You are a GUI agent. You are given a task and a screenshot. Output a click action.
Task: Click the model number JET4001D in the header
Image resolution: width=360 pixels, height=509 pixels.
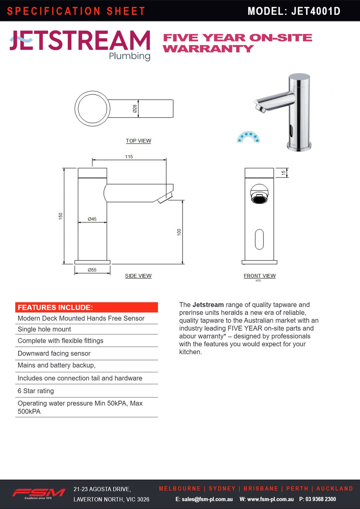pyautogui.click(x=316, y=11)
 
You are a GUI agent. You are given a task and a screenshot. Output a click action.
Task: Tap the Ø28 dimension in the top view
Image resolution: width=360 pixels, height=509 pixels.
pyautogui.click(x=135, y=109)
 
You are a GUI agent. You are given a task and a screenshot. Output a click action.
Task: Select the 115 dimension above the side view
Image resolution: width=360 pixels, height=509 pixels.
pyautogui.click(x=129, y=157)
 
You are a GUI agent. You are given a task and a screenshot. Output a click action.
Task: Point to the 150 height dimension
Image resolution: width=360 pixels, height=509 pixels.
pyautogui.click(x=60, y=216)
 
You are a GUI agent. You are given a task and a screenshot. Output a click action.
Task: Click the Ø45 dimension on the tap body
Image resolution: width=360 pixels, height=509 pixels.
pyautogui.click(x=92, y=219)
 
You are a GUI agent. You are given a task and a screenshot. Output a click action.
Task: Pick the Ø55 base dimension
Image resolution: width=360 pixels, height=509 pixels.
pyautogui.click(x=92, y=270)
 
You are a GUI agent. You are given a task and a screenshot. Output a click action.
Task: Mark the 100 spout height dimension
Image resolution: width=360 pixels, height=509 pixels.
pyautogui.click(x=179, y=232)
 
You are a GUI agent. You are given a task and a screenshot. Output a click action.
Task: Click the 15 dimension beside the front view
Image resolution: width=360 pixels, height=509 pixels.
pyautogui.click(x=283, y=173)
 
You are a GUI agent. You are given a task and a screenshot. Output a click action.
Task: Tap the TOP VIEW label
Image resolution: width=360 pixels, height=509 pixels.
pyautogui.click(x=138, y=141)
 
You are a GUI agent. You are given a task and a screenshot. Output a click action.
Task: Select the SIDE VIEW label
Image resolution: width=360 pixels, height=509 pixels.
pyautogui.click(x=138, y=276)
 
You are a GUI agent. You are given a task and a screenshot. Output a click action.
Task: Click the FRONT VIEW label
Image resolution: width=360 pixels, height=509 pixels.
pyautogui.click(x=260, y=276)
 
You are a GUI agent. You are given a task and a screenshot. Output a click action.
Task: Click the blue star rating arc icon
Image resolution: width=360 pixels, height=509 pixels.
pyautogui.click(x=248, y=137)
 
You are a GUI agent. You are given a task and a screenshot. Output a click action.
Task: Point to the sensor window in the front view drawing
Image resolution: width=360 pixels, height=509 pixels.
pyautogui.click(x=259, y=239)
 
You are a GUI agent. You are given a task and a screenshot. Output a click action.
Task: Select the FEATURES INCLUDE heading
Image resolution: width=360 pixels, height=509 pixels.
pyautogui.click(x=55, y=307)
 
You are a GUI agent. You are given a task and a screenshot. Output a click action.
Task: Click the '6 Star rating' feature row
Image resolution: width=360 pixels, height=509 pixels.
pyautogui.click(x=36, y=391)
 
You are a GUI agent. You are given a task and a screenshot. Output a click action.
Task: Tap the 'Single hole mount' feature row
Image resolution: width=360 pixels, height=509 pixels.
pyautogui.click(x=44, y=329)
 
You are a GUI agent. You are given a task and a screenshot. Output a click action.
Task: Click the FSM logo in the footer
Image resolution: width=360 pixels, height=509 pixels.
pyautogui.click(x=39, y=493)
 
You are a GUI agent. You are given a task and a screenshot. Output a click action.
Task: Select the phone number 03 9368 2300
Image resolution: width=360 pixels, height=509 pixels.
pyautogui.click(x=320, y=499)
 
